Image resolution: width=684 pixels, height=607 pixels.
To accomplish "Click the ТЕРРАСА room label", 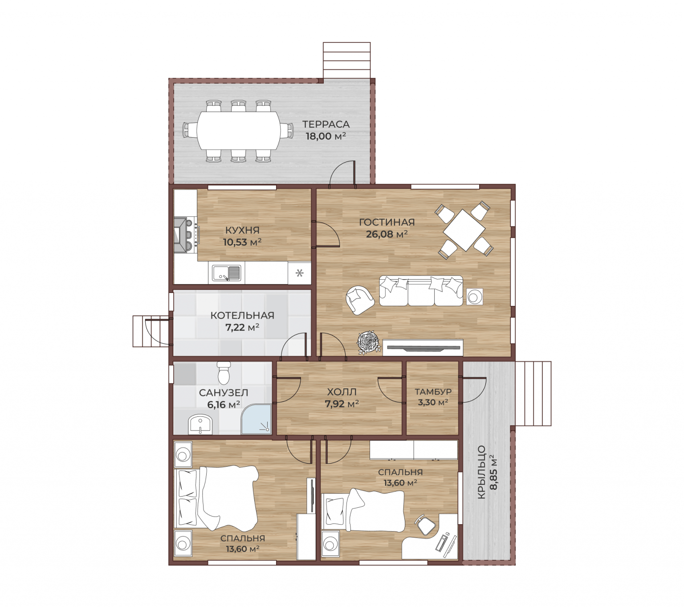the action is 326,124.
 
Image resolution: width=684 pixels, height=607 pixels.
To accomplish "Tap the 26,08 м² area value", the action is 387,234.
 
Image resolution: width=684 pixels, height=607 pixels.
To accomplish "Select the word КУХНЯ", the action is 242,230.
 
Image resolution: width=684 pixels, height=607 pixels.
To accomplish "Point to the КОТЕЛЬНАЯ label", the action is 242,315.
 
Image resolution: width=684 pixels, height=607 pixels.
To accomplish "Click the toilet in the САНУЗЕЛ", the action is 224,373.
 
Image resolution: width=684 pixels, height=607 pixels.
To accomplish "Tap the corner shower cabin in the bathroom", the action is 256,419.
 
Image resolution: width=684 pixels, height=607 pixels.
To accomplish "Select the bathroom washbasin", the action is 200,425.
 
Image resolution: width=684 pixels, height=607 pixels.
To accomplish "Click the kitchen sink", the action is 226,273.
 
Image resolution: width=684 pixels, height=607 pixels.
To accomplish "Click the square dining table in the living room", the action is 464,230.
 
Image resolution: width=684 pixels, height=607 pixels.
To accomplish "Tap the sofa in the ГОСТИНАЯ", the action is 421,290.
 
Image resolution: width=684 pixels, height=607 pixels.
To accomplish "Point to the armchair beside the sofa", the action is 360,300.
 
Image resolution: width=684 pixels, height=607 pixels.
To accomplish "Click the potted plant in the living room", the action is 369,343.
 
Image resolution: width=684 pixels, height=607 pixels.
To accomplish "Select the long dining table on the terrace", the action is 238,130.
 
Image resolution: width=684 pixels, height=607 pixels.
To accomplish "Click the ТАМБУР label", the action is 433,391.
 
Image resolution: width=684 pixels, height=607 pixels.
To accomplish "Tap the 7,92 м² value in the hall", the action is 342,404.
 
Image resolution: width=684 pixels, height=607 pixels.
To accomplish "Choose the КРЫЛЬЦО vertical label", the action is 481,472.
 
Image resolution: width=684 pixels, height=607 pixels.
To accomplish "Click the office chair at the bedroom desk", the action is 425,525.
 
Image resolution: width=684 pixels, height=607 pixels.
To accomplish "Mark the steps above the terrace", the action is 346,61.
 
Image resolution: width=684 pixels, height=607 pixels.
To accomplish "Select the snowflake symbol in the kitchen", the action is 299,273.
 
